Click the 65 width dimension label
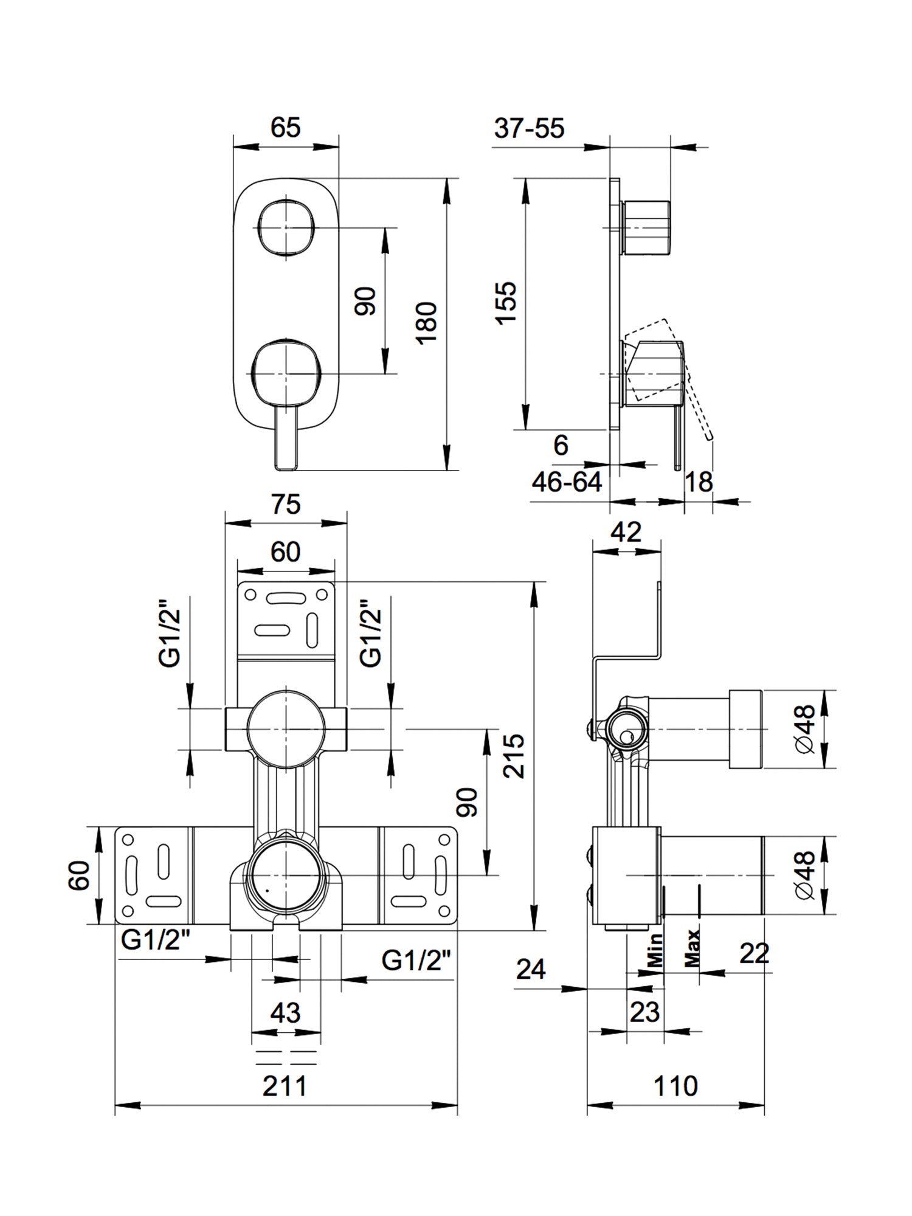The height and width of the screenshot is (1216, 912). click(286, 128)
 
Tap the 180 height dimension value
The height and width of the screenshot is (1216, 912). click(428, 322)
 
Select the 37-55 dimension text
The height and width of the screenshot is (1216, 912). click(529, 128)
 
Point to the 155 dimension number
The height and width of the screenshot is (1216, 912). click(506, 302)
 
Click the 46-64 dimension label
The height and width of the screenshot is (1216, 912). click(567, 482)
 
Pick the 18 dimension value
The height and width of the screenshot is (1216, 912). click(699, 482)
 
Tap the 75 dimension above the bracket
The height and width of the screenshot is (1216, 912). click(286, 504)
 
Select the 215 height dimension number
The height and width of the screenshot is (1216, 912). click(514, 756)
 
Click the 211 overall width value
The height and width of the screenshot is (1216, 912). click(285, 1086)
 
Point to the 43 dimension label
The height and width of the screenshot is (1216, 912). click(285, 1013)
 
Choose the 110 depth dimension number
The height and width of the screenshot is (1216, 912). click(675, 1086)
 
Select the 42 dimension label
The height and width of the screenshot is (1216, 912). click(626, 532)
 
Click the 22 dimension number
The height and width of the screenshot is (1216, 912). click(755, 953)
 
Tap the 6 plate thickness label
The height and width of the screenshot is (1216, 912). click(561, 446)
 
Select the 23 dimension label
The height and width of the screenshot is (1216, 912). click(644, 1012)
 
